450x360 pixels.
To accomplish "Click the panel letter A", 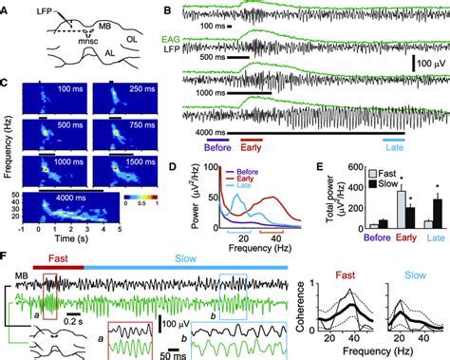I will [x=7, y=8].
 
